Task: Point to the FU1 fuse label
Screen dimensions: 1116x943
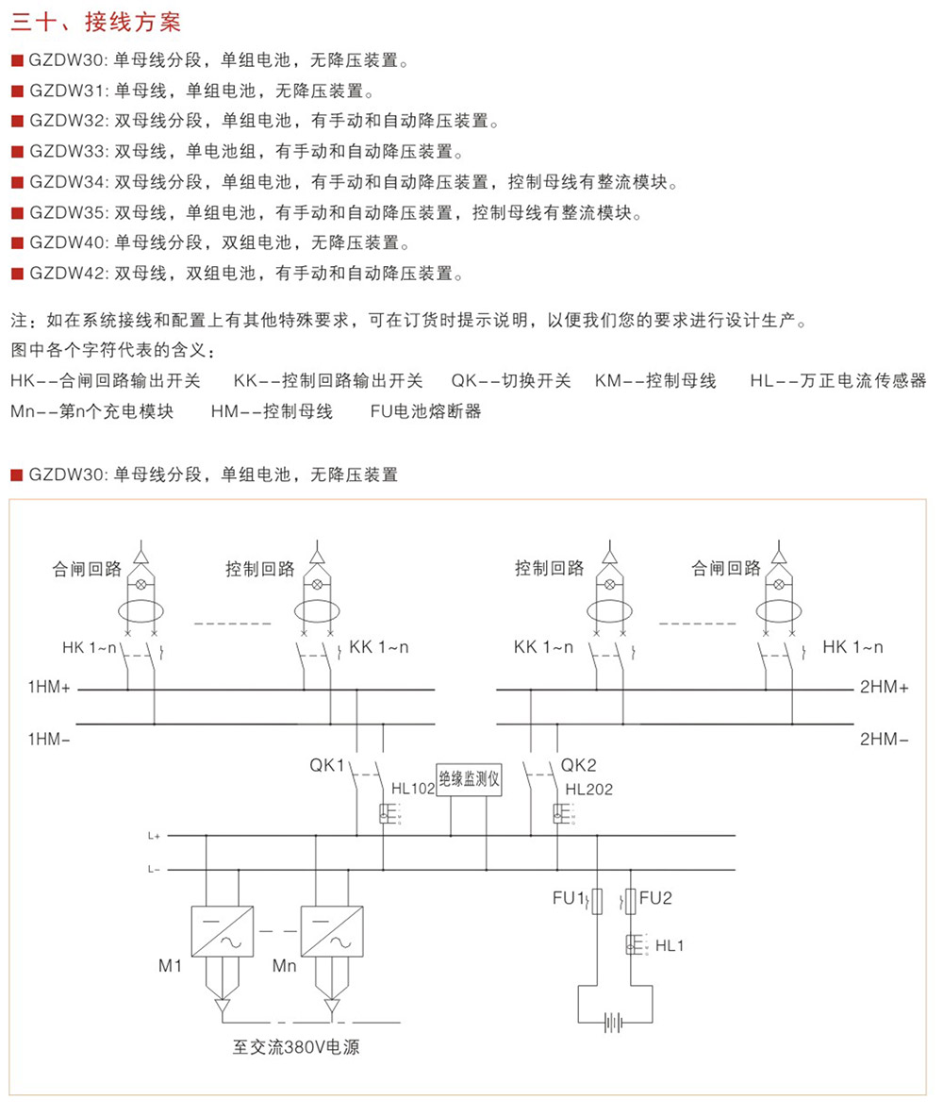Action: tap(570, 898)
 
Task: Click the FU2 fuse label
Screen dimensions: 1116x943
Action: tap(655, 898)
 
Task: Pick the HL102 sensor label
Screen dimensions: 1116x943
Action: tap(413, 789)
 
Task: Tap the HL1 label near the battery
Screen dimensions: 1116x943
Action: tap(669, 944)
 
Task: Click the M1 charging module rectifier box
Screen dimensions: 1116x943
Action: tap(222, 932)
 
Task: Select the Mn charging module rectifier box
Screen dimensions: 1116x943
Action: tap(331, 932)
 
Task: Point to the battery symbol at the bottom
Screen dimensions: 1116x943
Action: tap(615, 1022)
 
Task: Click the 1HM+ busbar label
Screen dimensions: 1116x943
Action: tap(50, 690)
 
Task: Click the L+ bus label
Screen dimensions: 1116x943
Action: tap(154, 836)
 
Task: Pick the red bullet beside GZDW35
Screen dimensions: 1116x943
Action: tap(16, 214)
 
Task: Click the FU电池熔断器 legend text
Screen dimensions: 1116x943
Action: tap(425, 412)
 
